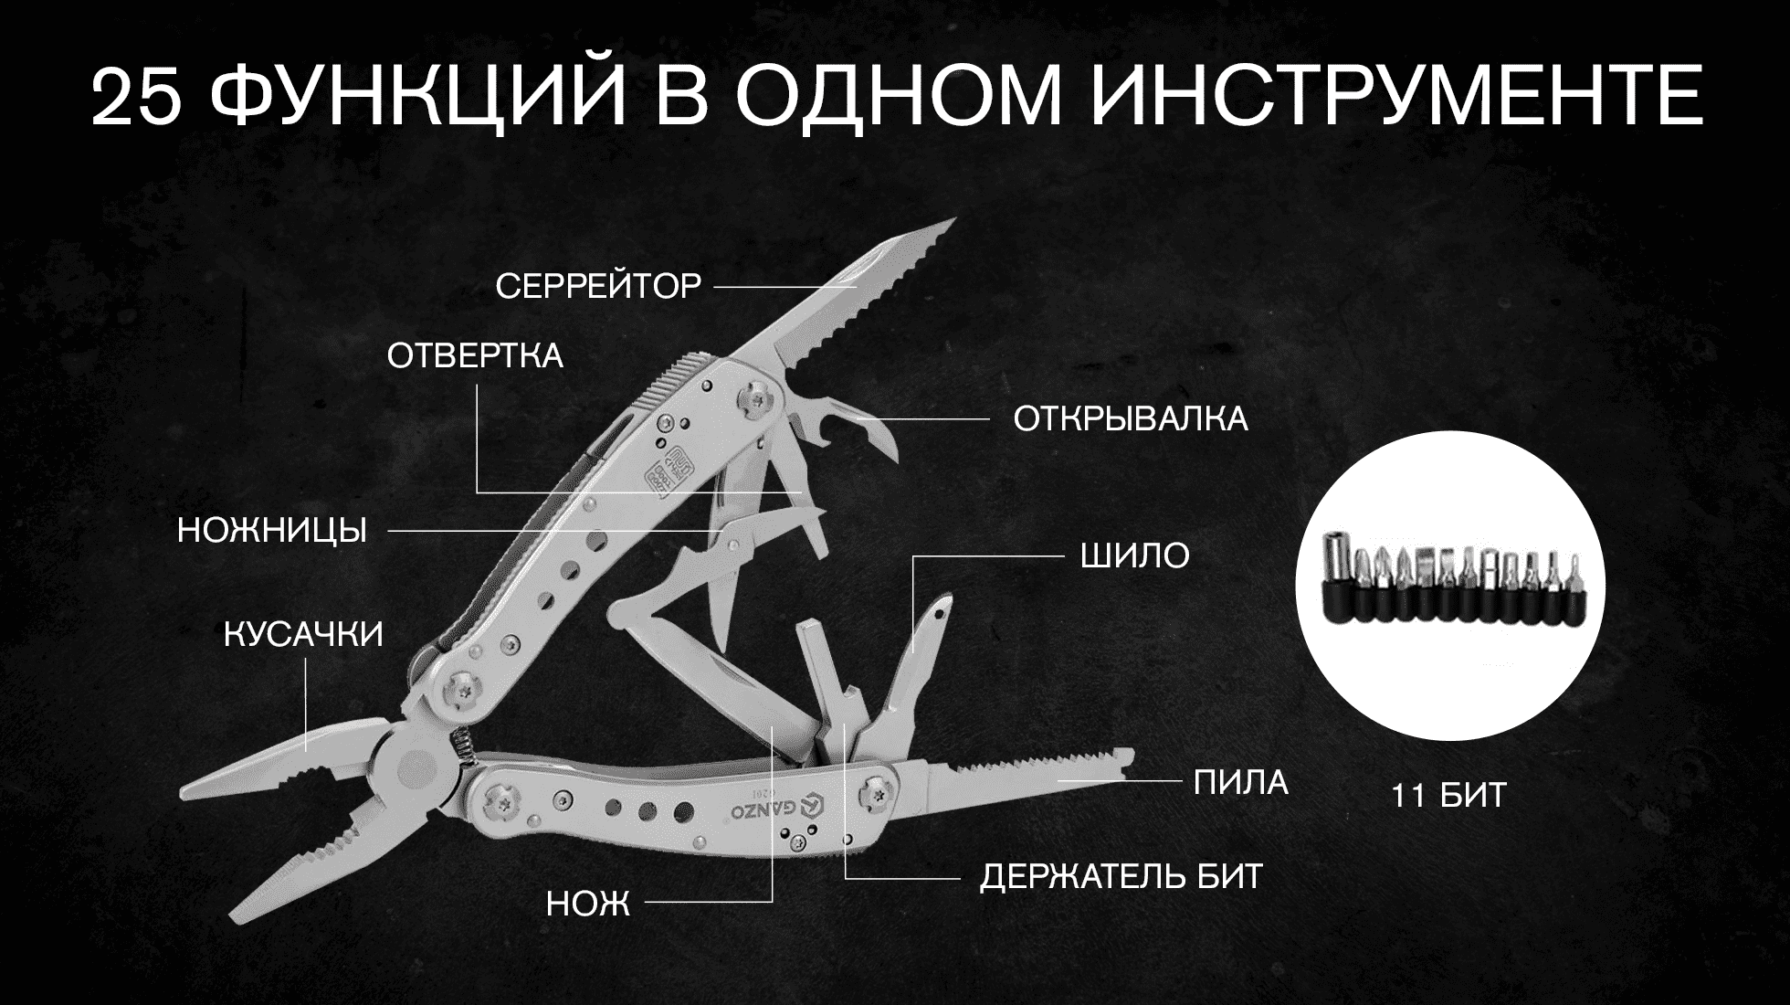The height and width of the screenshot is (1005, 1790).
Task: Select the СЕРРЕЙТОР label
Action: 598,287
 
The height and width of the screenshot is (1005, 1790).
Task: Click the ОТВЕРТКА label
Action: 475,355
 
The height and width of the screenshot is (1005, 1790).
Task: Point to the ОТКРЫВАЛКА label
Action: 1131,419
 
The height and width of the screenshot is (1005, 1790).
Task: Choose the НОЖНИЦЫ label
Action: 272,530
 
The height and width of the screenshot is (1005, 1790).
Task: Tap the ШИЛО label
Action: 1135,555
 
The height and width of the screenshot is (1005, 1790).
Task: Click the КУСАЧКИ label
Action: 304,634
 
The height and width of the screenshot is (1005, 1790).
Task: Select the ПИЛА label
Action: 1241,782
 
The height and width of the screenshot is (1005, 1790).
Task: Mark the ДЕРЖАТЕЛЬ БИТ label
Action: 1121,877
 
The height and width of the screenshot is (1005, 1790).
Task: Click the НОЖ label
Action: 588,904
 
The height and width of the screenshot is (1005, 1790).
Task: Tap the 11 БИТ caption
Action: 1448,796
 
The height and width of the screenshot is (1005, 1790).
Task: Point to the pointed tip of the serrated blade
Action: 953,218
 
